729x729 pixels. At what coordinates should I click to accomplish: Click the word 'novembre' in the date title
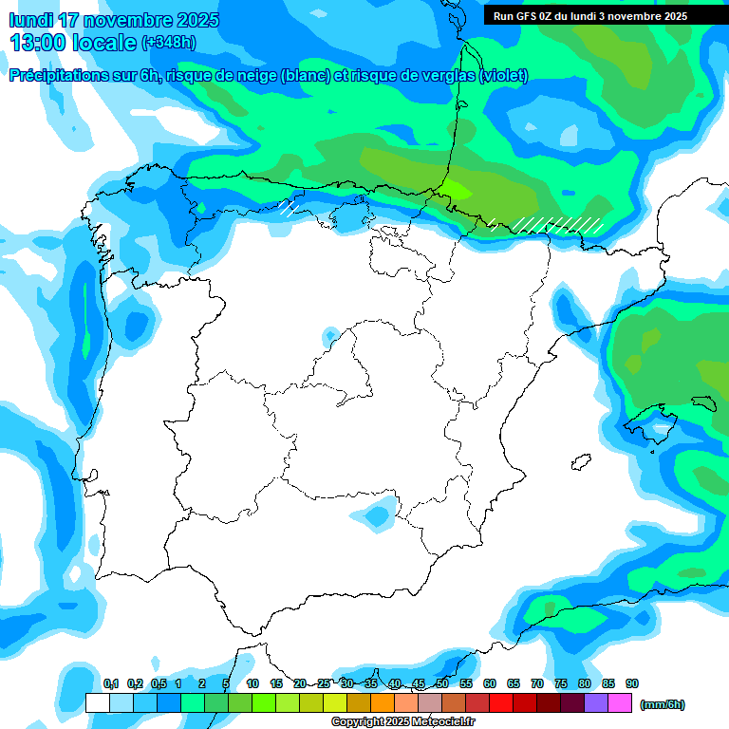pos(130,20)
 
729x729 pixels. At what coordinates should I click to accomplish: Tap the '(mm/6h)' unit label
pos(662,703)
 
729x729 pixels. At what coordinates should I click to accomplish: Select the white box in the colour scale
pos(97,702)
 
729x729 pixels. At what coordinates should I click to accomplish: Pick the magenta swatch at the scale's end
pos(620,702)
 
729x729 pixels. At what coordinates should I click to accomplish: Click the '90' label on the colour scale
pos(632,684)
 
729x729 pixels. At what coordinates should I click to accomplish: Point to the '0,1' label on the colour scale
pos(111,684)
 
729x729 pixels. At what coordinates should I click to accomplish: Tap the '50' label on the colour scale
pos(442,684)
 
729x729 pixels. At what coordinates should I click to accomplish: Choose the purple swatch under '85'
pos(596,702)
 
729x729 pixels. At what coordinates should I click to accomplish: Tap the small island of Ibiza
pos(578,462)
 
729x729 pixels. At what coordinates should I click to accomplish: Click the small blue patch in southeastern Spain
pos(379,516)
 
